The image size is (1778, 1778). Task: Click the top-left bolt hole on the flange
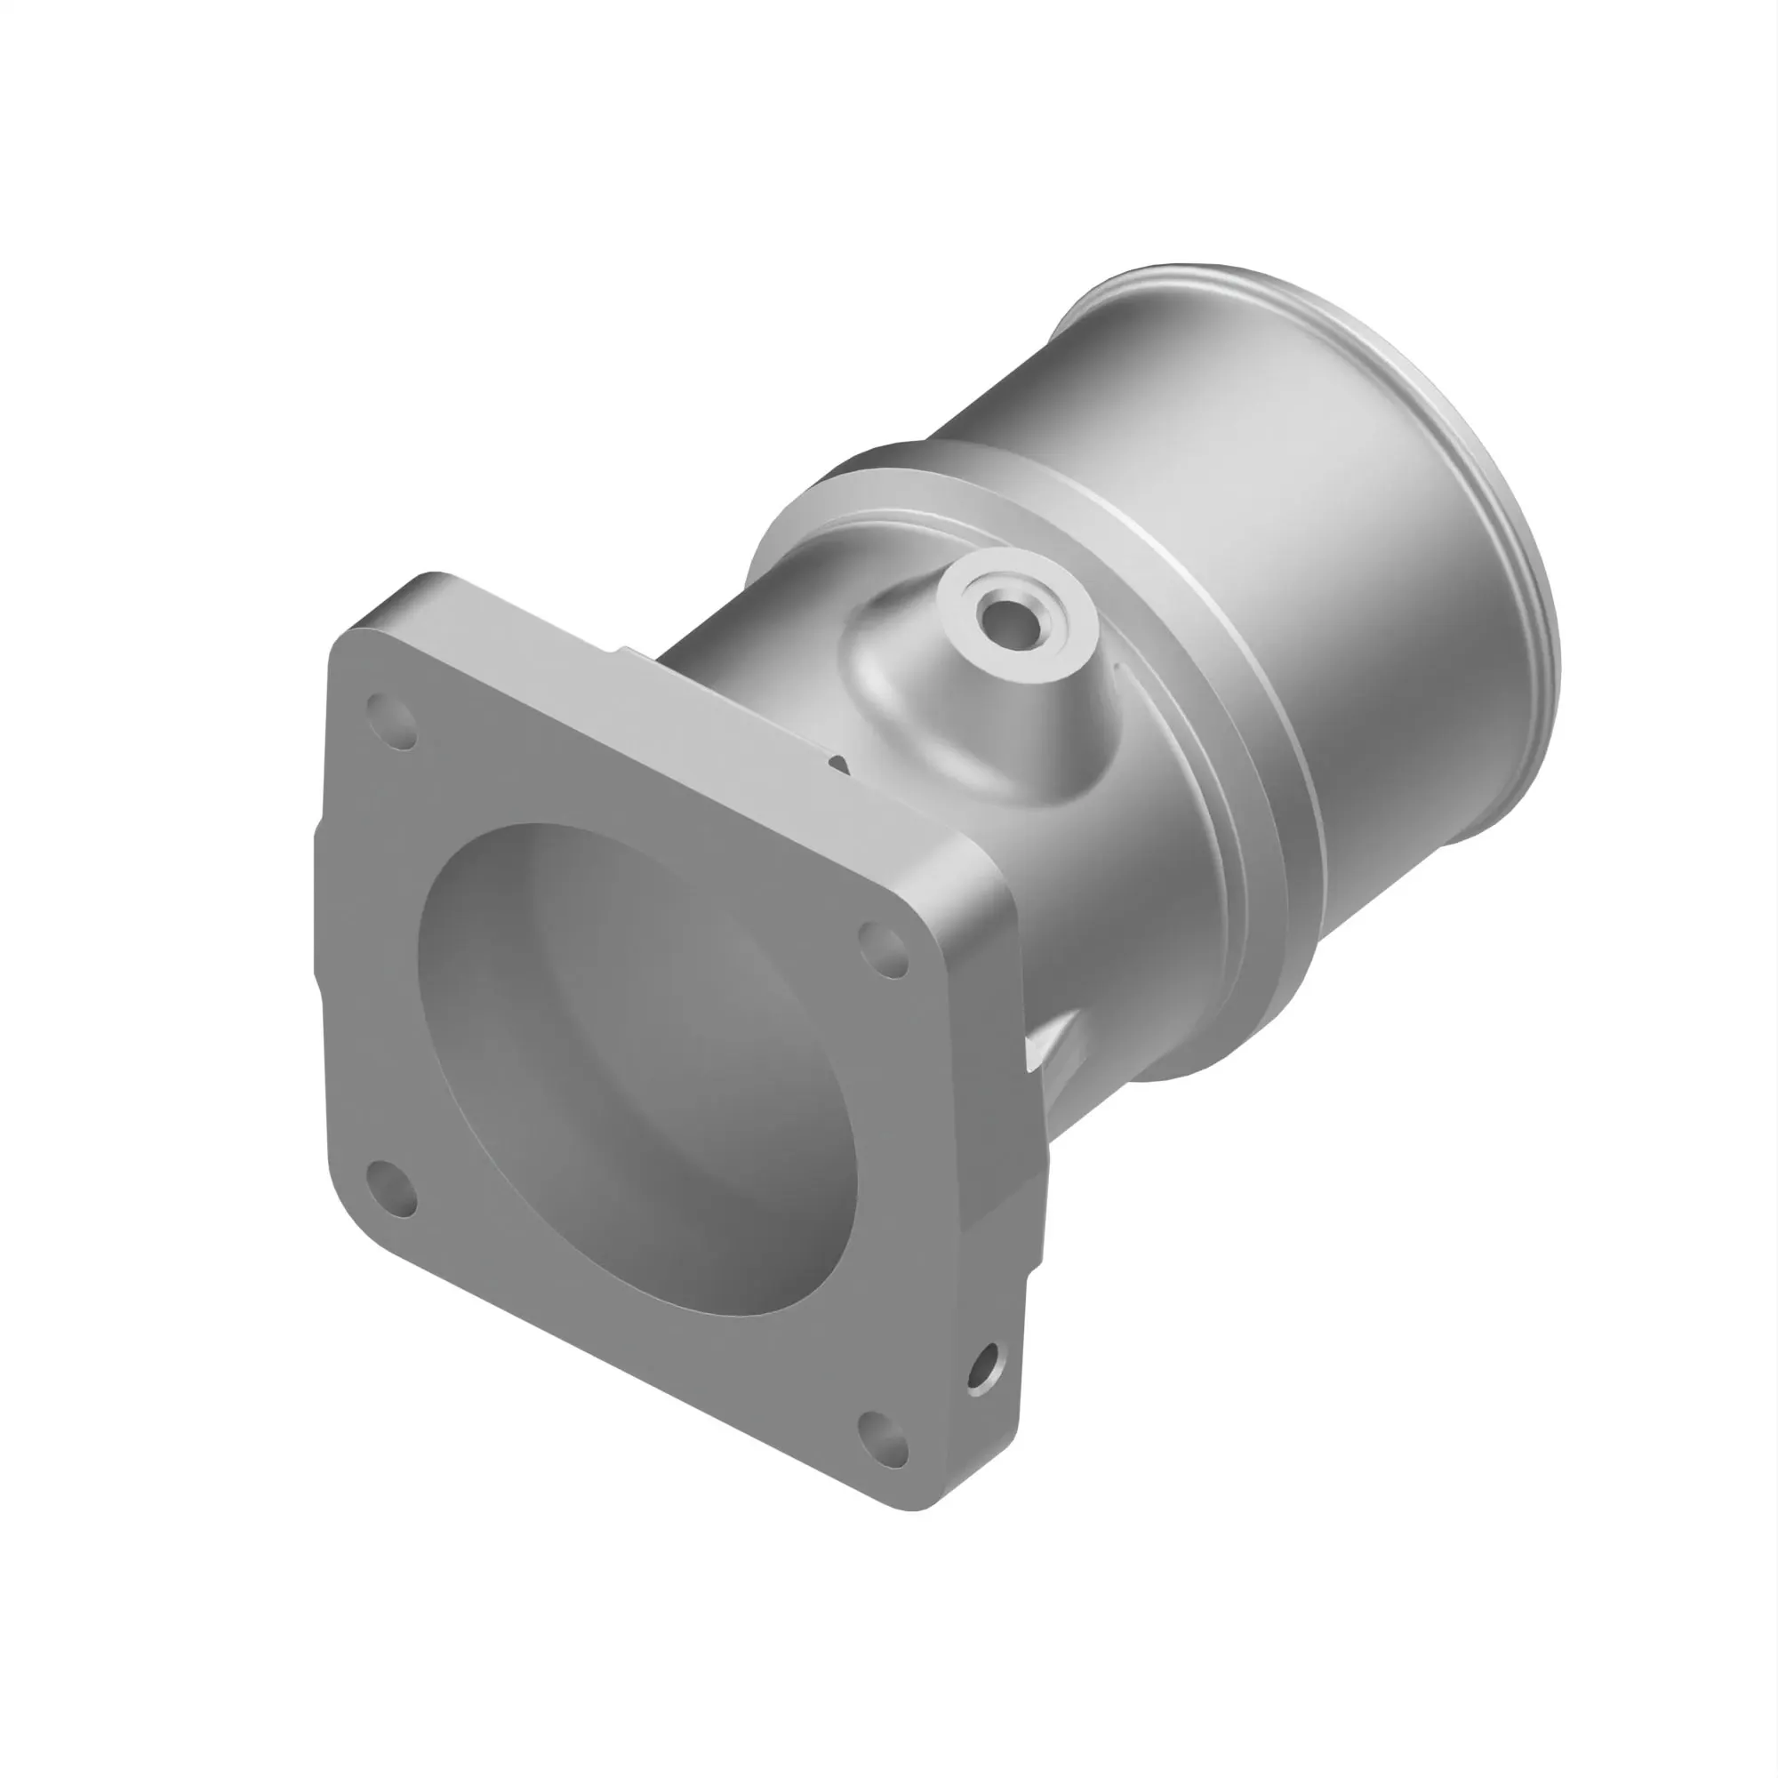[x=392, y=723]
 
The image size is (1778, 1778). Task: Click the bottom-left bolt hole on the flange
[x=392, y=1189]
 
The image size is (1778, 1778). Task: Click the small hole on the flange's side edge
[x=983, y=1368]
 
